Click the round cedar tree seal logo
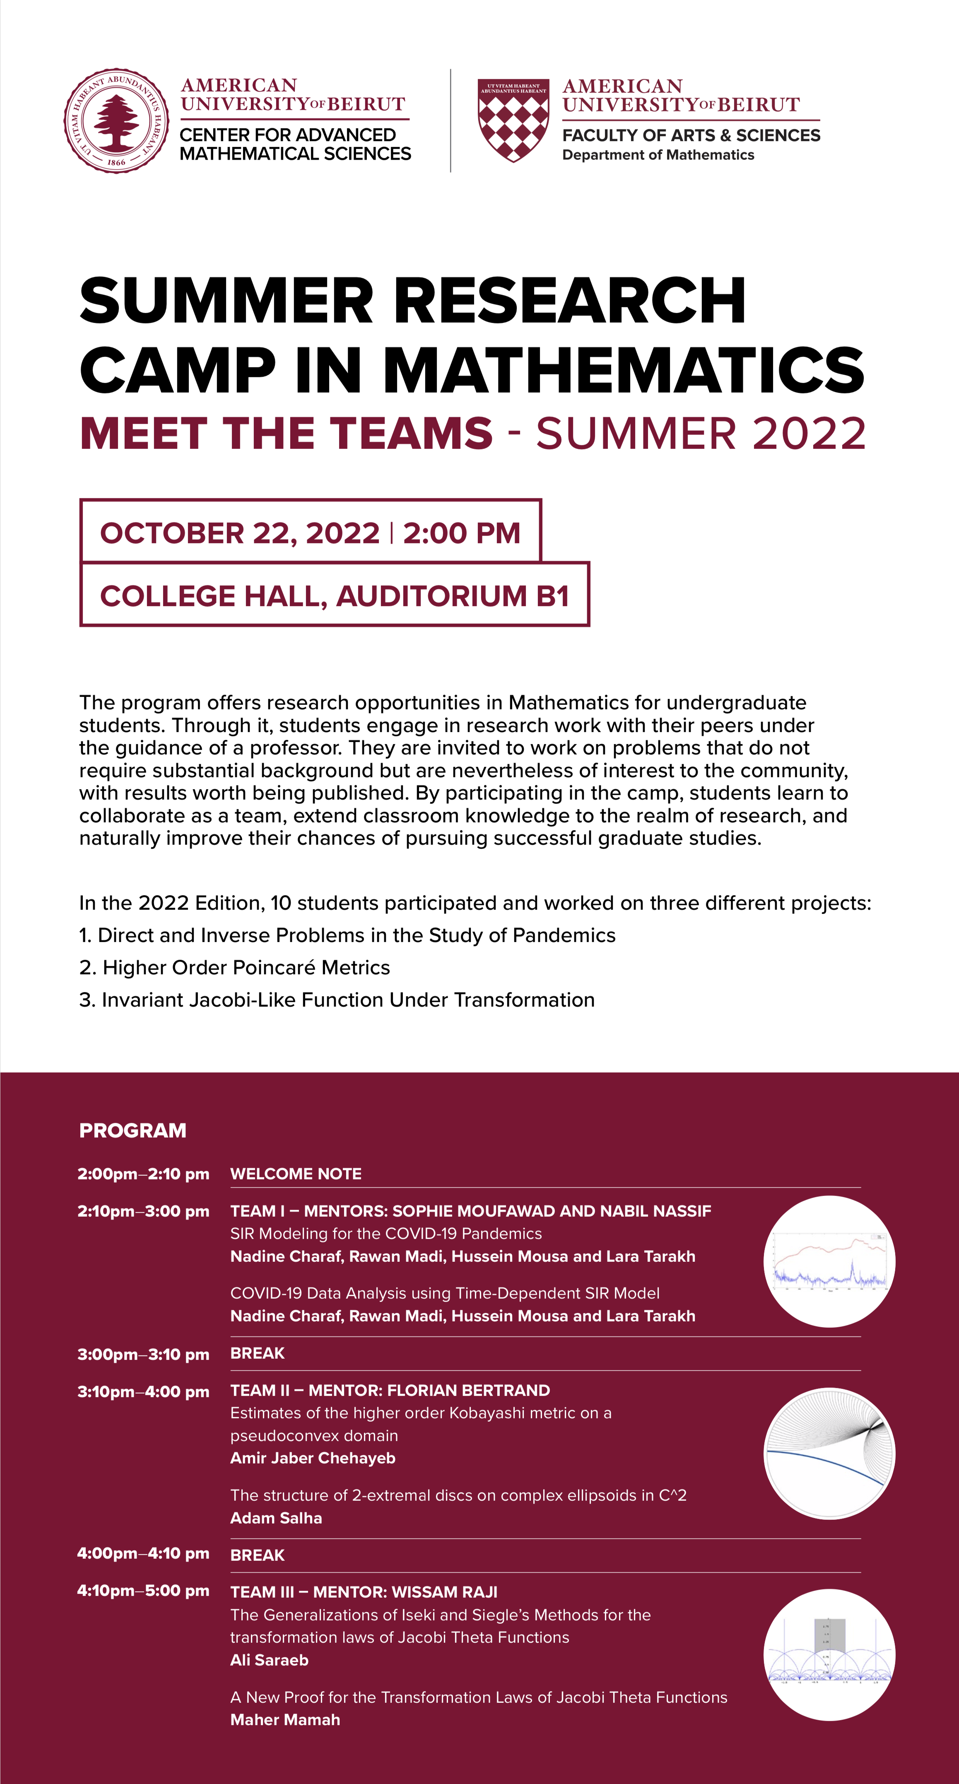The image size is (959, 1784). pyautogui.click(x=116, y=121)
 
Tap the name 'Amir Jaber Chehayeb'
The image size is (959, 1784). pyautogui.click(x=312, y=1458)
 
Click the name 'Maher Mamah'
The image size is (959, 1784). pyautogui.click(x=285, y=1719)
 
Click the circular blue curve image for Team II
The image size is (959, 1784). pyautogui.click(x=829, y=1454)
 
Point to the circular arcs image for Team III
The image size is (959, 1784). pyautogui.click(x=829, y=1654)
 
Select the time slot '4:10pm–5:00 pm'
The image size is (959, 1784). pyautogui.click(x=143, y=1591)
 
